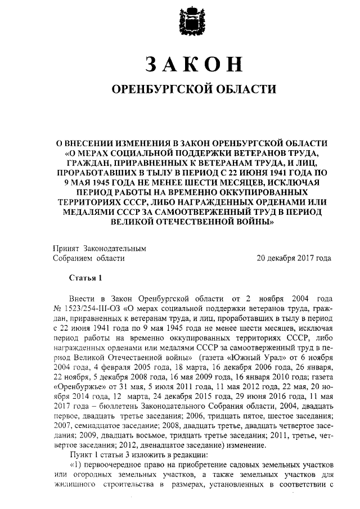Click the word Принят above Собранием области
point(66,247)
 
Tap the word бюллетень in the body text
point(120,409)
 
